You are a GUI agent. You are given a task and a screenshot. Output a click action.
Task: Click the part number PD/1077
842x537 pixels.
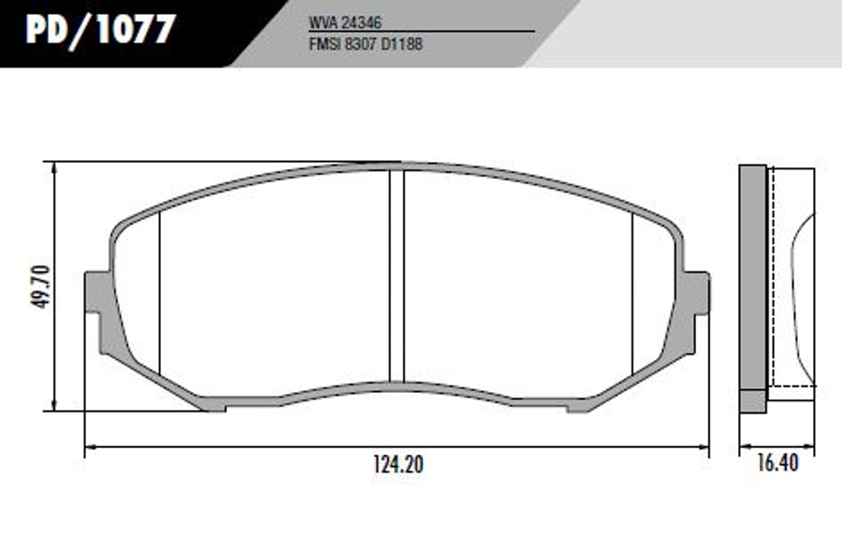tap(100, 30)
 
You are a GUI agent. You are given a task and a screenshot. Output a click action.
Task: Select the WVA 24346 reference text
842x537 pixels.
tap(344, 22)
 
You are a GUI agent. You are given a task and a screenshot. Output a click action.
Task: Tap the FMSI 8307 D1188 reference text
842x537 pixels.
tap(366, 44)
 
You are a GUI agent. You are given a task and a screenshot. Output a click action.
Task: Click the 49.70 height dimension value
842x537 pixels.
tap(40, 286)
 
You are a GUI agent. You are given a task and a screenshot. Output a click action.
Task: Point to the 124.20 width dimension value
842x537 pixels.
tap(398, 465)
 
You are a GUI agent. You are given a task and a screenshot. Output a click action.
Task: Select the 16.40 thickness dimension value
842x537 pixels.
tap(777, 463)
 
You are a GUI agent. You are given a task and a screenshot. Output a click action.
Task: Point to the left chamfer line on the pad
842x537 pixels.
tap(160, 293)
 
